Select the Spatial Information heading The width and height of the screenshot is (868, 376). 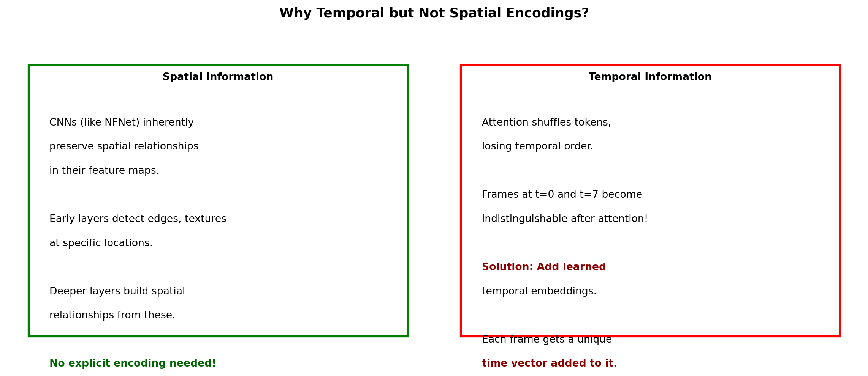click(218, 77)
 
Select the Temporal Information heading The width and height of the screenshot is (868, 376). click(650, 77)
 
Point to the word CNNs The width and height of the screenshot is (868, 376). click(63, 123)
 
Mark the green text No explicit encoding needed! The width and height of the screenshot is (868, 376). click(133, 363)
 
